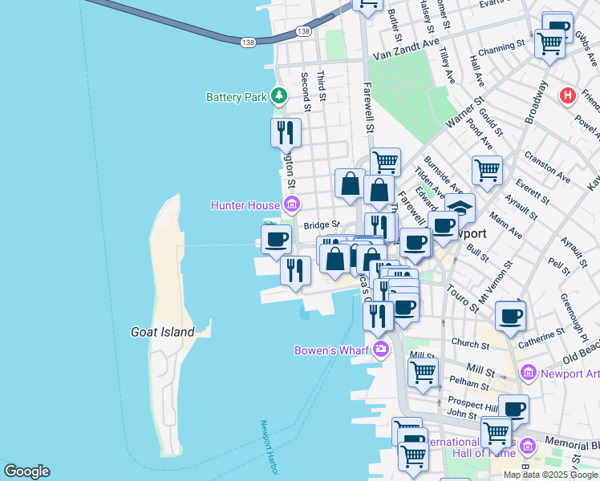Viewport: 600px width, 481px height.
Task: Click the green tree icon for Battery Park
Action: click(x=278, y=97)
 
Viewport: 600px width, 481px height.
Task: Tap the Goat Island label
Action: click(x=163, y=331)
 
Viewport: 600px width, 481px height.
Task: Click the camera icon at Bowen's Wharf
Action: click(x=380, y=350)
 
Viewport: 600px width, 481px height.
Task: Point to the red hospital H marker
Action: click(x=569, y=95)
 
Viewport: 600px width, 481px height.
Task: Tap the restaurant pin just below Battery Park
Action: click(x=286, y=132)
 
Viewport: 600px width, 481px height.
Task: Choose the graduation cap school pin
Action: click(x=460, y=208)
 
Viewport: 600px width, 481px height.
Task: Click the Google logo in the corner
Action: click(x=26, y=471)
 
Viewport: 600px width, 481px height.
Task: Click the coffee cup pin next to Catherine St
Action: click(x=510, y=316)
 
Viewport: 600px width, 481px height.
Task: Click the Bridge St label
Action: click(x=321, y=225)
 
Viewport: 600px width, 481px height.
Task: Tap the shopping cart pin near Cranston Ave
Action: click(x=487, y=170)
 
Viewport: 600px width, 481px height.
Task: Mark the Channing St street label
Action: click(x=501, y=48)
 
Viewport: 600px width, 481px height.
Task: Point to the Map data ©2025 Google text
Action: click(x=550, y=475)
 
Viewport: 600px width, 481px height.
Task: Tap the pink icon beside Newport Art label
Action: click(x=528, y=373)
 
